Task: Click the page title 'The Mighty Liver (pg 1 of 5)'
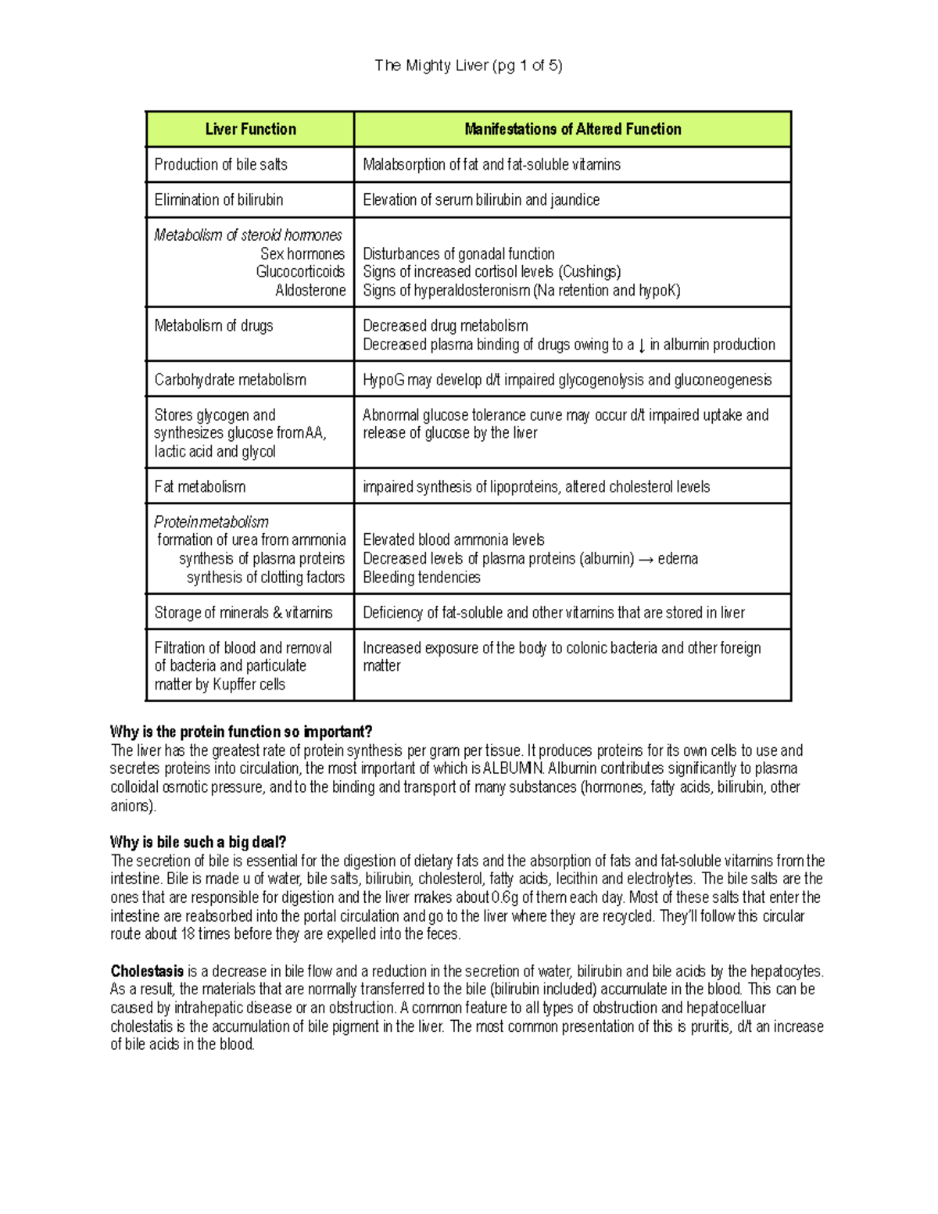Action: [x=468, y=66]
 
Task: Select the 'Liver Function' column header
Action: [x=250, y=130]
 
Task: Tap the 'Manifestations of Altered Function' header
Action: [x=572, y=130]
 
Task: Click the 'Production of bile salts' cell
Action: [x=220, y=165]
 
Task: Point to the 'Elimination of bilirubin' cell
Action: [x=218, y=200]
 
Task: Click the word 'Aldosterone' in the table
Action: [x=310, y=291]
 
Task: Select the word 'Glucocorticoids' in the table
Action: [x=300, y=272]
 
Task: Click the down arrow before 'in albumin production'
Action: [x=642, y=346]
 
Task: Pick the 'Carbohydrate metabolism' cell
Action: [x=230, y=380]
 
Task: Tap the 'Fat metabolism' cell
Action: [x=199, y=487]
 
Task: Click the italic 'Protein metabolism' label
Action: [x=211, y=522]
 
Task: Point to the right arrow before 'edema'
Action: [x=646, y=559]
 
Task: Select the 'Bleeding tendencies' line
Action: [x=421, y=578]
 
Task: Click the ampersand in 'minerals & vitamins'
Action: [x=277, y=613]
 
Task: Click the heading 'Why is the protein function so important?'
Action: [x=241, y=732]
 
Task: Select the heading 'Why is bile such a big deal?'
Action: [x=198, y=843]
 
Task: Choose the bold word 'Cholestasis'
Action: [x=147, y=972]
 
